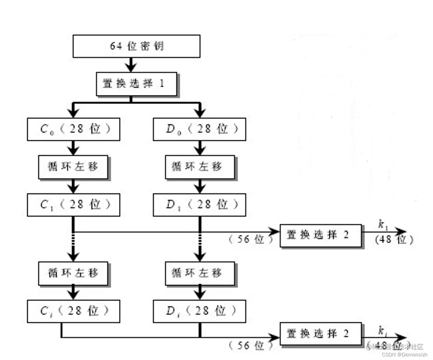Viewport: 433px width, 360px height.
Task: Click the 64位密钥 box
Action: [x=136, y=46]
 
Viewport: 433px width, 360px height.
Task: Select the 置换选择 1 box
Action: [x=137, y=84]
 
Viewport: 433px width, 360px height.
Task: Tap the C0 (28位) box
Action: [x=73, y=129]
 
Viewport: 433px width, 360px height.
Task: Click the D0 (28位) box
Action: [x=199, y=129]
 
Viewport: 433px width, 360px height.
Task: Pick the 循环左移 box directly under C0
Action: [x=73, y=167]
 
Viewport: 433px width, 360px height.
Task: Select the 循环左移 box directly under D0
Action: [x=200, y=167]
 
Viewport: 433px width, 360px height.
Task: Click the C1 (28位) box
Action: [x=73, y=205]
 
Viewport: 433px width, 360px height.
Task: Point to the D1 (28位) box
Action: [x=199, y=205]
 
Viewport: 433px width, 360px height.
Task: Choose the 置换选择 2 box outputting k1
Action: [x=320, y=235]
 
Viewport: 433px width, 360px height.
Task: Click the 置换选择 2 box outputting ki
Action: [x=320, y=334]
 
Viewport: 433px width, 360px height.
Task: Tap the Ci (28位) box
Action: [x=73, y=311]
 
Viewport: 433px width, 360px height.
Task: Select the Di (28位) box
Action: [x=199, y=311]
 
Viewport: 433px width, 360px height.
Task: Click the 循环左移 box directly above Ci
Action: [x=73, y=273]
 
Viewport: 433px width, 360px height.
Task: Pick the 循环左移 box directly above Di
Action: [x=200, y=273]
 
